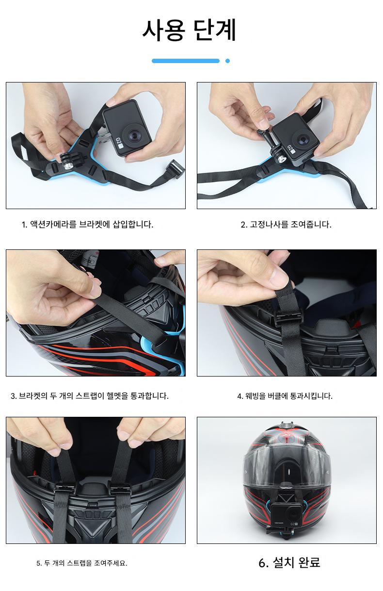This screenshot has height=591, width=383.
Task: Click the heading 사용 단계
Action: point(189,31)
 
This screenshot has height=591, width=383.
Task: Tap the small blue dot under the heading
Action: point(227,61)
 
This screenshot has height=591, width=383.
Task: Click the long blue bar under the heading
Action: point(186,61)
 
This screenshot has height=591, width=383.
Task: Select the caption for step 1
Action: point(88,225)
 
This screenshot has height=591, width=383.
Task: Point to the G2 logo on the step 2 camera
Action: point(291,149)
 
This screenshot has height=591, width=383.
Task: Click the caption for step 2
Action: point(286,225)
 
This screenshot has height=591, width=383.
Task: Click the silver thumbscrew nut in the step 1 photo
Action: point(68,166)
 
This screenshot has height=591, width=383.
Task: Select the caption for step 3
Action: point(90,396)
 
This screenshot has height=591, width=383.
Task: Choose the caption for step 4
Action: point(285,396)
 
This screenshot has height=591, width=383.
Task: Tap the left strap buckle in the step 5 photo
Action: point(64,487)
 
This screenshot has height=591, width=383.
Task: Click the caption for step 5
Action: point(82,563)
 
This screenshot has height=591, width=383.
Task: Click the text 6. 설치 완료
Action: point(289,562)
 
